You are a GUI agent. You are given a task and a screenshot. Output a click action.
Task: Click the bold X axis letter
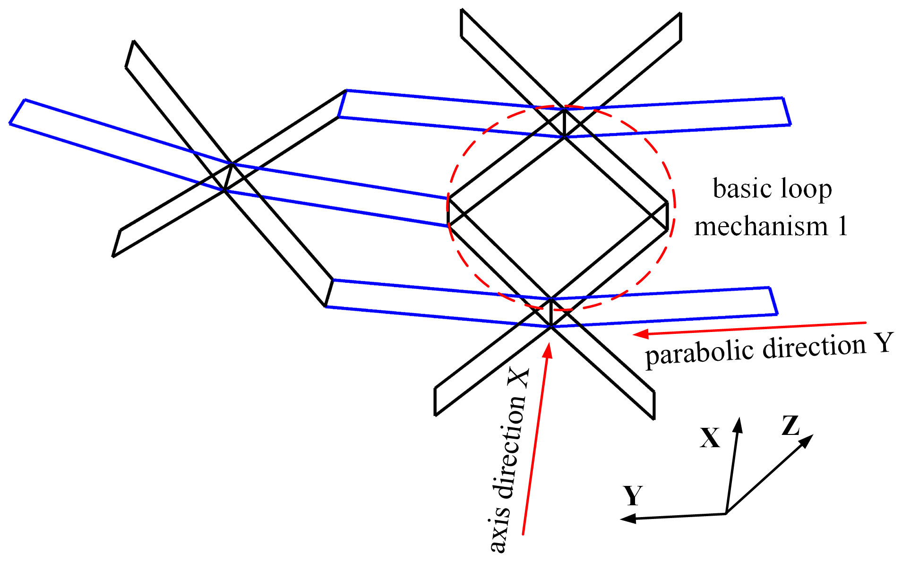pos(710,438)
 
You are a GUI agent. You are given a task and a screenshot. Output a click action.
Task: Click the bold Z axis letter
pos(790,425)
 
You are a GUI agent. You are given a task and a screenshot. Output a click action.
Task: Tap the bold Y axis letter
pos(633,496)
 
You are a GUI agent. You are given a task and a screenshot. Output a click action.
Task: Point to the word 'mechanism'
pos(761,227)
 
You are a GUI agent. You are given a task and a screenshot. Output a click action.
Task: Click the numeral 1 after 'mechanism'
pos(842,226)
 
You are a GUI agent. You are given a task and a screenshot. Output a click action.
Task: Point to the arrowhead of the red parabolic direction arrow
pos(639,334)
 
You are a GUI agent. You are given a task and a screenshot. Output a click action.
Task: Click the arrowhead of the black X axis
pos(738,424)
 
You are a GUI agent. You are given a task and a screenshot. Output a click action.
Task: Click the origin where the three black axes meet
pos(726,513)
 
